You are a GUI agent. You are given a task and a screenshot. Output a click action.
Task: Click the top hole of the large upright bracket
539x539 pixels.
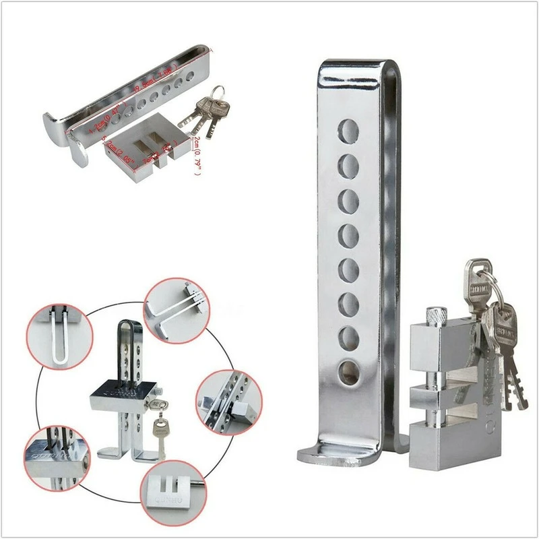point(348,130)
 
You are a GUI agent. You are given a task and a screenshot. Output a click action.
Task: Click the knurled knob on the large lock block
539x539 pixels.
point(436,315)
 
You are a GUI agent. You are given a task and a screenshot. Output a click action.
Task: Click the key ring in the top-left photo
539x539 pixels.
point(217,93)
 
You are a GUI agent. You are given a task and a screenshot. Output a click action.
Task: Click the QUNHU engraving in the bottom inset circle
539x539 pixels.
point(166,499)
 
